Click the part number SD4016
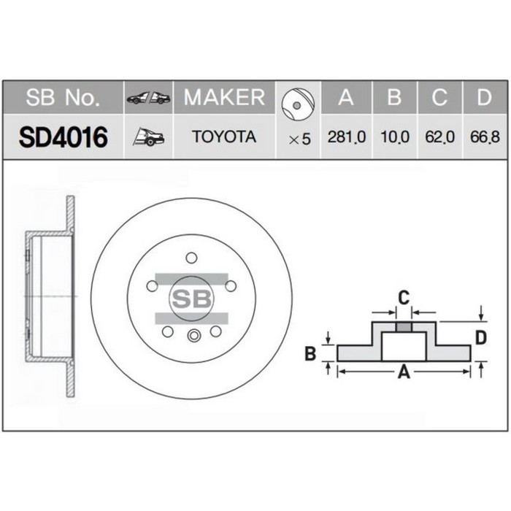tap(64, 137)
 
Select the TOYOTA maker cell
tap(223, 137)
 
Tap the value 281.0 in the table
tap(346, 137)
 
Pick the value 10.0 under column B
tap(394, 137)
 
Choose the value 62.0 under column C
tap(439, 137)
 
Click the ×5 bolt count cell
tap(299, 139)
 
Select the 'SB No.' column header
tap(64, 97)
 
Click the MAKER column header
tap(223, 97)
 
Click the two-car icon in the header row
tap(148, 98)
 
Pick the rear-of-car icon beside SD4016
tap(148, 137)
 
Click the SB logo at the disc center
tap(191, 297)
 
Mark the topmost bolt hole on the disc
tap(191, 258)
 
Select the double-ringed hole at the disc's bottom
tap(193, 336)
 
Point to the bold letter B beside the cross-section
tap(310, 354)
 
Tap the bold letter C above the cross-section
tap(402, 296)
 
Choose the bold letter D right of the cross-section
tap(480, 337)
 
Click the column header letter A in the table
tap(346, 97)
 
